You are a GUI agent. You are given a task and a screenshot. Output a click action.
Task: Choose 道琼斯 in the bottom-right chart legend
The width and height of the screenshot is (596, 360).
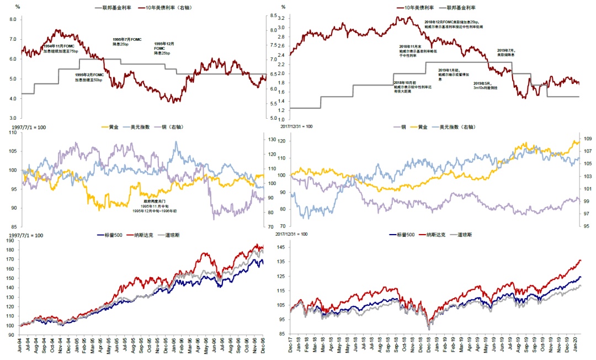coord(469,235)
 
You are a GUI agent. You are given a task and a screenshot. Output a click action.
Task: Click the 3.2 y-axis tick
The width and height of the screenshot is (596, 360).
coord(280,18)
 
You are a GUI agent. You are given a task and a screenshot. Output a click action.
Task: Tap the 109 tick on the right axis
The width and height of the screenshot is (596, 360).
coord(588,139)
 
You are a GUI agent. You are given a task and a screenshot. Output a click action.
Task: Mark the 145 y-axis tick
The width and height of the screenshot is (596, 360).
coord(281,246)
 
